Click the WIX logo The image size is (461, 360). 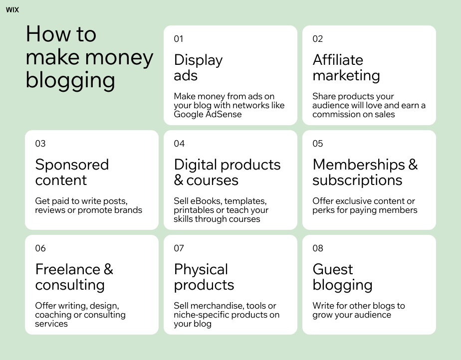(12, 9)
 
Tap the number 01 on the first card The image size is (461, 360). (179, 39)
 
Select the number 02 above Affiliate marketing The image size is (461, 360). (318, 39)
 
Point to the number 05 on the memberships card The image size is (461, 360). (318, 144)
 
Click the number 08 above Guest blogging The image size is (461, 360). (318, 248)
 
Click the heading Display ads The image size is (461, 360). (198, 68)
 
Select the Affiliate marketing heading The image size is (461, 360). (346, 68)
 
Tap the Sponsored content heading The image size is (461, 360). (72, 173)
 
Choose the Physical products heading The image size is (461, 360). (204, 277)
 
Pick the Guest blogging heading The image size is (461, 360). (342, 277)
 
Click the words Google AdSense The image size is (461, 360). (208, 114)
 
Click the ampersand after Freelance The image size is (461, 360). (108, 270)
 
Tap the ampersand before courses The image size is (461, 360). (179, 180)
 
